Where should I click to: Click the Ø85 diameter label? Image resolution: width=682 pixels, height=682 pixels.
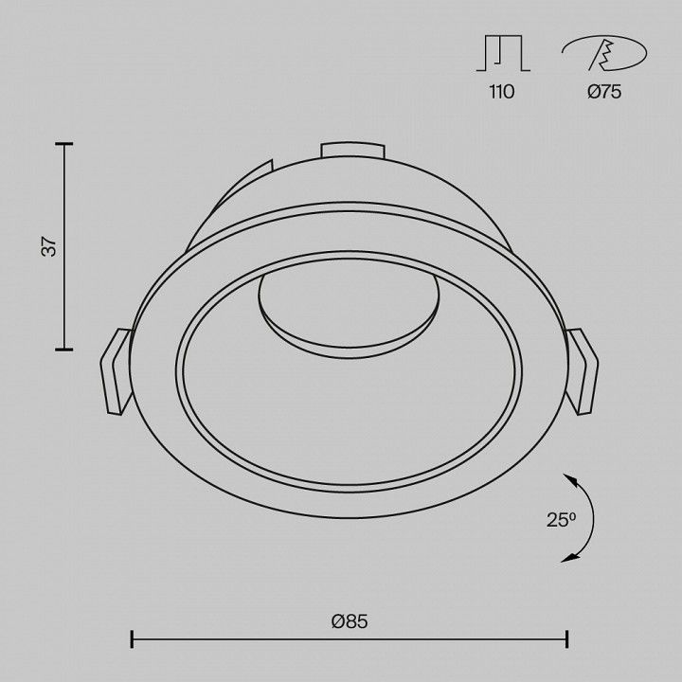point(350,621)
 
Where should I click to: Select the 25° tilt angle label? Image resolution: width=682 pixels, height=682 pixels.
point(561,519)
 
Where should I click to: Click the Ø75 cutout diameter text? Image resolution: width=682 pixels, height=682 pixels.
point(604,92)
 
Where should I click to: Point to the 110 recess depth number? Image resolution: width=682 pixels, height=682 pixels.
point(501,92)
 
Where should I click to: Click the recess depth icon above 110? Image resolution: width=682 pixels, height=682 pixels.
point(503,53)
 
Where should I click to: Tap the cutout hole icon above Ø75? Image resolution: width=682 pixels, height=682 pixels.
point(603,53)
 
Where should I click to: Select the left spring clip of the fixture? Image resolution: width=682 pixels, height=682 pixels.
point(117,371)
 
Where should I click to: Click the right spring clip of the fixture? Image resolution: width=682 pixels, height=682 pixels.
point(582,371)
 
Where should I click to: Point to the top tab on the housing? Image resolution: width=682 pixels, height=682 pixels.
point(352,151)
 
